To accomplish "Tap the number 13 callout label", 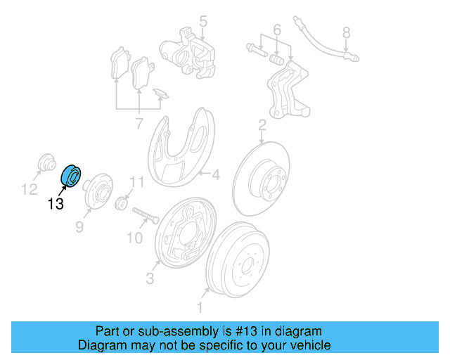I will point(56,204).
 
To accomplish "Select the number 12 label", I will point(28,188).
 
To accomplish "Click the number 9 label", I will point(79,226).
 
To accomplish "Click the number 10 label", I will point(134,238).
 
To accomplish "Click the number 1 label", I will point(200,307).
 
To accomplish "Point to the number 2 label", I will point(262,125).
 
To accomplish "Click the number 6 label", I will point(276,30).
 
